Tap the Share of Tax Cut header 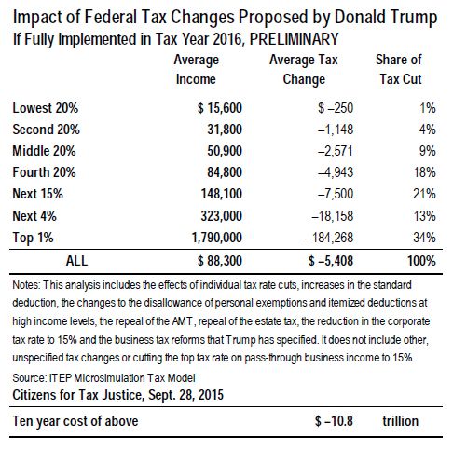point(398,69)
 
